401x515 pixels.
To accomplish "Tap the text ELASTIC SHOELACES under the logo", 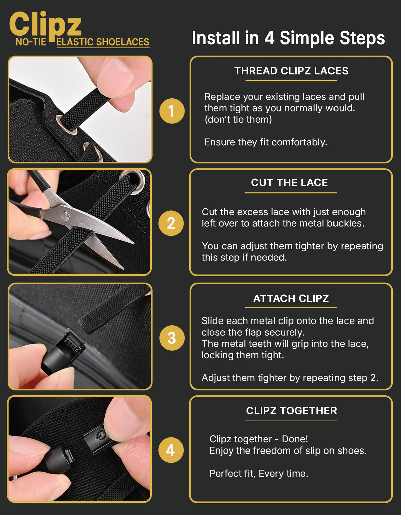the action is pos(103,42).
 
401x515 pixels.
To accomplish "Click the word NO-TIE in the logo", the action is pos(31,42).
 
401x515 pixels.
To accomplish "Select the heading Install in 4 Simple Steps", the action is pos(288,38).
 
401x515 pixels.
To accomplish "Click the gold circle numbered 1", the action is pos(172,111).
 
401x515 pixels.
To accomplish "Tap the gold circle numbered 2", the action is pos(171,223).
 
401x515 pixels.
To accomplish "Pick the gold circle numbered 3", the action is pos(172,338).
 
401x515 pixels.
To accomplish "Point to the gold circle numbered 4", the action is pos(171,450).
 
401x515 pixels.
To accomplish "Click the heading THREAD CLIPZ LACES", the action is pos(291,71).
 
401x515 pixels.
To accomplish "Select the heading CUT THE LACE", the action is pos(289,183).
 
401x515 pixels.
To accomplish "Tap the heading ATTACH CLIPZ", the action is pos(291,299).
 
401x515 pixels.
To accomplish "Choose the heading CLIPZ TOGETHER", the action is pos(291,411).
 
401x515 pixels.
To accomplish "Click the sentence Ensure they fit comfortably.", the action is pos(266,142).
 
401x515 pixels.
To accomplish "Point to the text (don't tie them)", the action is pos(238,119).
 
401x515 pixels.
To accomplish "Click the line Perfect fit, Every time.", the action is pos(259,474).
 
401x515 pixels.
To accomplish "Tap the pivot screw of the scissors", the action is pos(64,215).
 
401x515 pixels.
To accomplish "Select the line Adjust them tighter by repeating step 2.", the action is pos(290,378).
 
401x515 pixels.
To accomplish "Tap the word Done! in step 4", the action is pos(295,439).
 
